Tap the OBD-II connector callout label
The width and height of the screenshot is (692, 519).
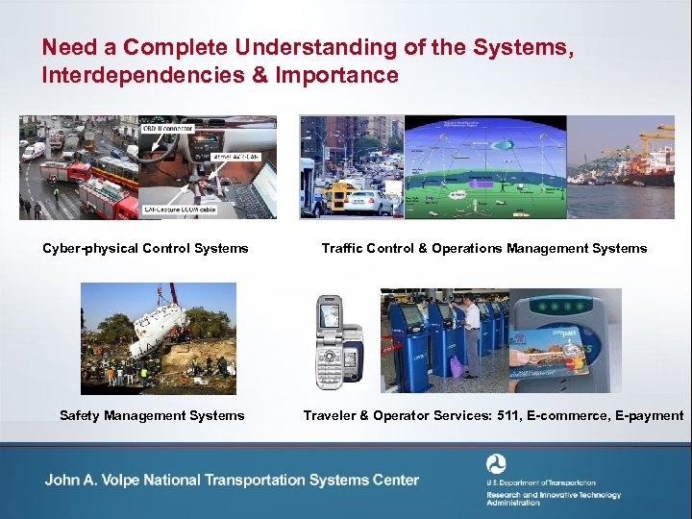pos(168,127)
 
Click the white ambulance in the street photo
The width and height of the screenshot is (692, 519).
pos(34,151)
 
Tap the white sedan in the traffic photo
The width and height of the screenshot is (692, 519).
pos(370,202)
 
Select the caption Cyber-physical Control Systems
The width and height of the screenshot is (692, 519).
pos(145,248)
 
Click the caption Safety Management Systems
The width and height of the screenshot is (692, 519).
pos(152,415)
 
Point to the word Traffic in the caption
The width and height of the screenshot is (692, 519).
pos(343,248)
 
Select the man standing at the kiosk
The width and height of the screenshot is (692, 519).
pos(470,336)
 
